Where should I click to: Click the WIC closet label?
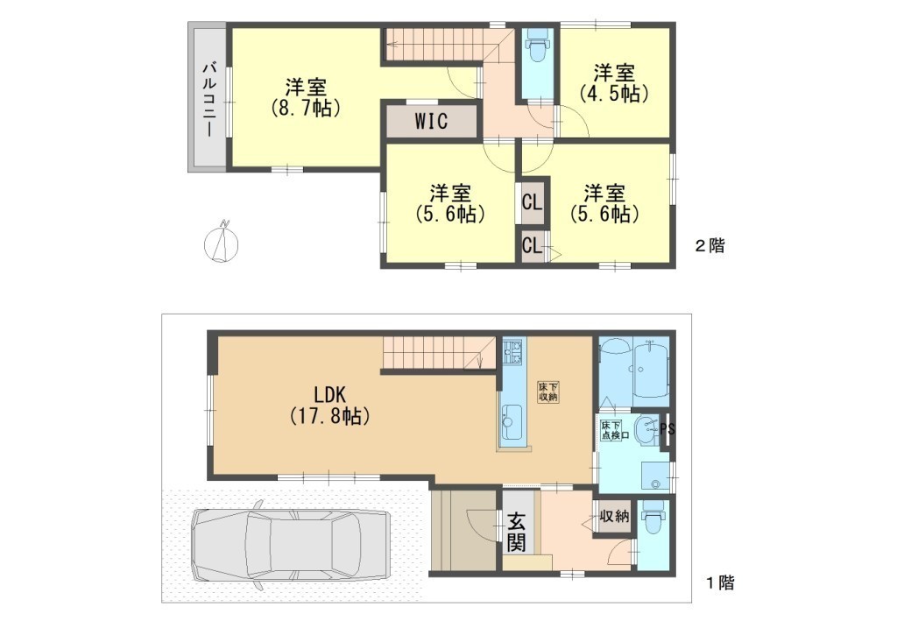(x=431, y=121)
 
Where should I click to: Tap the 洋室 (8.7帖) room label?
(x=306, y=98)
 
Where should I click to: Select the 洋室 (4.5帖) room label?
(x=614, y=83)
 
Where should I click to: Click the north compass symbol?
(x=222, y=241)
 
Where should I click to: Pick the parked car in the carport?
(x=293, y=541)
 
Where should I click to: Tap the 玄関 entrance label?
(x=516, y=533)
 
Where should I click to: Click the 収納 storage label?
(x=614, y=517)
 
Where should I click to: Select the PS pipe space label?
(x=667, y=429)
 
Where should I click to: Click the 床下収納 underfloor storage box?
(x=547, y=392)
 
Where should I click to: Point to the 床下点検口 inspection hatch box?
(x=612, y=431)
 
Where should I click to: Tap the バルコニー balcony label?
(x=208, y=100)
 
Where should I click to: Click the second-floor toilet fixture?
(x=537, y=46)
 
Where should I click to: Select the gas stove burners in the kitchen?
(x=512, y=352)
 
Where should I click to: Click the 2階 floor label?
(x=710, y=246)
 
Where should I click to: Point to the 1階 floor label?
(x=719, y=582)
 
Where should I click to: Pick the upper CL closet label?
(x=532, y=202)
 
